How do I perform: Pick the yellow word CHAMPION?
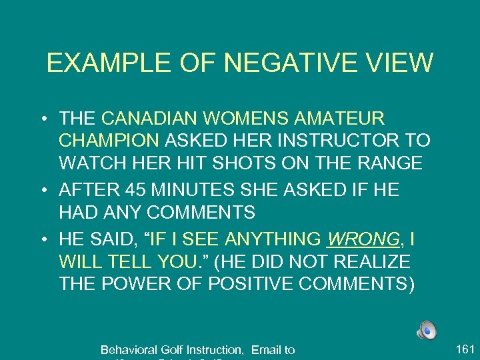pyautogui.click(x=109, y=141)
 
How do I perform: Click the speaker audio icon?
pyautogui.click(x=427, y=330)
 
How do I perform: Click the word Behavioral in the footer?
pyautogui.click(x=131, y=349)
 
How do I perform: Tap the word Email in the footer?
pyautogui.click(x=266, y=349)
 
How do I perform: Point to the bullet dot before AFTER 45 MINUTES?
pyautogui.click(x=43, y=191)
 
